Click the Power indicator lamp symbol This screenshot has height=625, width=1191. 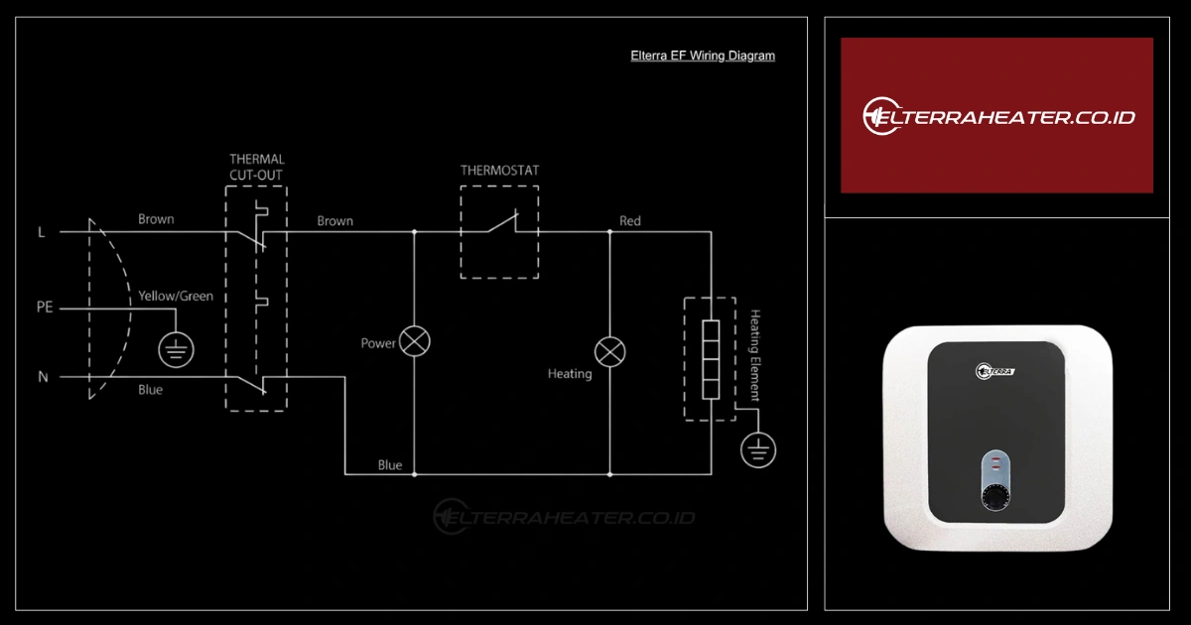coord(415,342)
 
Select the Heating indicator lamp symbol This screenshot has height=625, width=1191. coord(609,351)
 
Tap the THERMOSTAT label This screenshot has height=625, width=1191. coord(499,171)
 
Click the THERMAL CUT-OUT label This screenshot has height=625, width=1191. coord(256,167)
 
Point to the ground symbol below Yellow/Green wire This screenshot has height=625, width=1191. coord(177,348)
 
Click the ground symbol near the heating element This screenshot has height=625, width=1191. coord(758,450)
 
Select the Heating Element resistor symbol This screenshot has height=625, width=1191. coord(711,358)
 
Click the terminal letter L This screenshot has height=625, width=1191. coord(41,232)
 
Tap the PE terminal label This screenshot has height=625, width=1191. coord(44,308)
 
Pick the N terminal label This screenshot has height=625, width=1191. coord(43,377)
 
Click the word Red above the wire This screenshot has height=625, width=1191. coord(630,220)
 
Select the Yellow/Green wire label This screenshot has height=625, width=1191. coord(176,296)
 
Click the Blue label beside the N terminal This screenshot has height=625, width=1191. coord(150,390)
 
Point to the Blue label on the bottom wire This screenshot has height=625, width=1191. coord(390,465)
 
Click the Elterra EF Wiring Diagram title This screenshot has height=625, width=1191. coord(703,56)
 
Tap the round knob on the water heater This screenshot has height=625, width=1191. coord(996,496)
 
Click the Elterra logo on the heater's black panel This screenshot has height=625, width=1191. coord(994,371)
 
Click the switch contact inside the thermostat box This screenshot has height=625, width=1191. coord(501,225)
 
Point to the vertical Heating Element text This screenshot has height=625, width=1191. coord(755,355)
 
